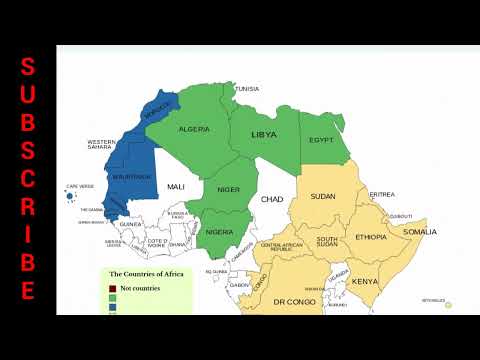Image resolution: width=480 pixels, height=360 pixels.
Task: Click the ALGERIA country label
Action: point(193,129)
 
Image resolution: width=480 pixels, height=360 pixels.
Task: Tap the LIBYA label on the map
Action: point(264,134)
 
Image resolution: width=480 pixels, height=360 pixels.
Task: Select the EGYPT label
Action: point(321,141)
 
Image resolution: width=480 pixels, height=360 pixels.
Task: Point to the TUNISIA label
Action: point(247,89)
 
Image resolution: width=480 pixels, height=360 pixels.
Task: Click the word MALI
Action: point(176,187)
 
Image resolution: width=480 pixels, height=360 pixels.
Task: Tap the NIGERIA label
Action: point(219,232)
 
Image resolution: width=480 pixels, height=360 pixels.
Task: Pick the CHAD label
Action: point(272,200)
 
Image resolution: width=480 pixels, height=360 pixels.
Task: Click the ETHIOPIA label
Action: point(371,237)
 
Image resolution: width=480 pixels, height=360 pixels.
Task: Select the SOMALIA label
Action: point(420,232)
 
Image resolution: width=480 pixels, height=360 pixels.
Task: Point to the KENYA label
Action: point(364,282)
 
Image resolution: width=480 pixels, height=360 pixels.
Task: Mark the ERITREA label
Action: point(381,194)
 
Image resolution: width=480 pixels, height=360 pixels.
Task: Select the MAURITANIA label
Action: point(134,177)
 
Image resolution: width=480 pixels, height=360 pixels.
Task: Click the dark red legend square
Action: point(113,288)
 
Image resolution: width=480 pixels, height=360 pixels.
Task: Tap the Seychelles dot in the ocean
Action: point(449,305)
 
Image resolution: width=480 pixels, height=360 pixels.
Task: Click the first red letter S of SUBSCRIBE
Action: point(28,67)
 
